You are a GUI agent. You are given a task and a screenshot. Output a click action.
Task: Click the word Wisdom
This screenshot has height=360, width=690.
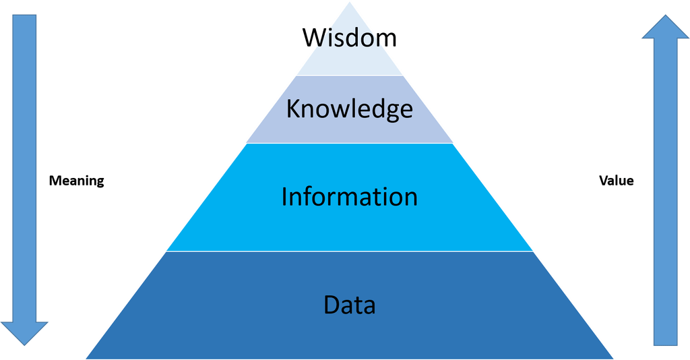tap(350, 38)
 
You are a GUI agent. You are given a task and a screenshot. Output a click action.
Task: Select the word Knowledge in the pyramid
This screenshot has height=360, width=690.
tap(350, 109)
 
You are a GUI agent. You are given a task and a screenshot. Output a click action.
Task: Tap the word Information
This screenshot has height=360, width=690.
tap(350, 196)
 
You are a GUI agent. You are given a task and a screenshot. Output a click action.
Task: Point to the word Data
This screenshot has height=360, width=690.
tap(350, 305)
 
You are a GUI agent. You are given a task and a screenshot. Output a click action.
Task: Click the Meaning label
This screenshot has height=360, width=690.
tap(77, 181)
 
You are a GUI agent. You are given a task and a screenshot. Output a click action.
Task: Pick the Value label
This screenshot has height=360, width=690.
tap(616, 181)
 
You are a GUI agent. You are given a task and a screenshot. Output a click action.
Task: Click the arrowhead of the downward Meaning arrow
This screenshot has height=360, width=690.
tap(24, 334)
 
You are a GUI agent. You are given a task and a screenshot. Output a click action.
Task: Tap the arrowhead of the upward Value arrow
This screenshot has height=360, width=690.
tap(665, 26)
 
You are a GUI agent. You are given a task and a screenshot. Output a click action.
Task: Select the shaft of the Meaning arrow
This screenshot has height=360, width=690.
tap(24, 168)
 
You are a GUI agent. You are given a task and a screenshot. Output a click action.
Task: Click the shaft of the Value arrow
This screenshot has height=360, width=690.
tap(665, 192)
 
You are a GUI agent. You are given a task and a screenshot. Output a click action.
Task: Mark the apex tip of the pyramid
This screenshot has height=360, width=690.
tap(350, 2)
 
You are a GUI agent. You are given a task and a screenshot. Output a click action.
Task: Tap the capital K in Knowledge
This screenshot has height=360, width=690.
tap(293, 109)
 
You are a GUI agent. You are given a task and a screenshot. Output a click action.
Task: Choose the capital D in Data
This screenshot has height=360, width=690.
tap(332, 305)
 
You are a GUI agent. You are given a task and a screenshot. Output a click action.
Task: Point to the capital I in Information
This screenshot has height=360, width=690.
tap(284, 196)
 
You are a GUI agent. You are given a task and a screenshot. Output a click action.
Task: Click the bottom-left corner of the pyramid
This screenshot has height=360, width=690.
tap(86, 359)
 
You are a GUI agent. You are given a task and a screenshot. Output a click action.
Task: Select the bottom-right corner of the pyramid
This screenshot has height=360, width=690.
tap(613, 359)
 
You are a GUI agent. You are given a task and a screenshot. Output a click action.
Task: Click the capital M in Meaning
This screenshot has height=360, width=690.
tap(54, 181)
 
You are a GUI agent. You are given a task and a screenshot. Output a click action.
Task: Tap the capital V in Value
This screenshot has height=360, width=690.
tap(604, 181)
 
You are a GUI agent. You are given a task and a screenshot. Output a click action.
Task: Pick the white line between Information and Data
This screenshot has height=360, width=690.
tap(350, 251)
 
